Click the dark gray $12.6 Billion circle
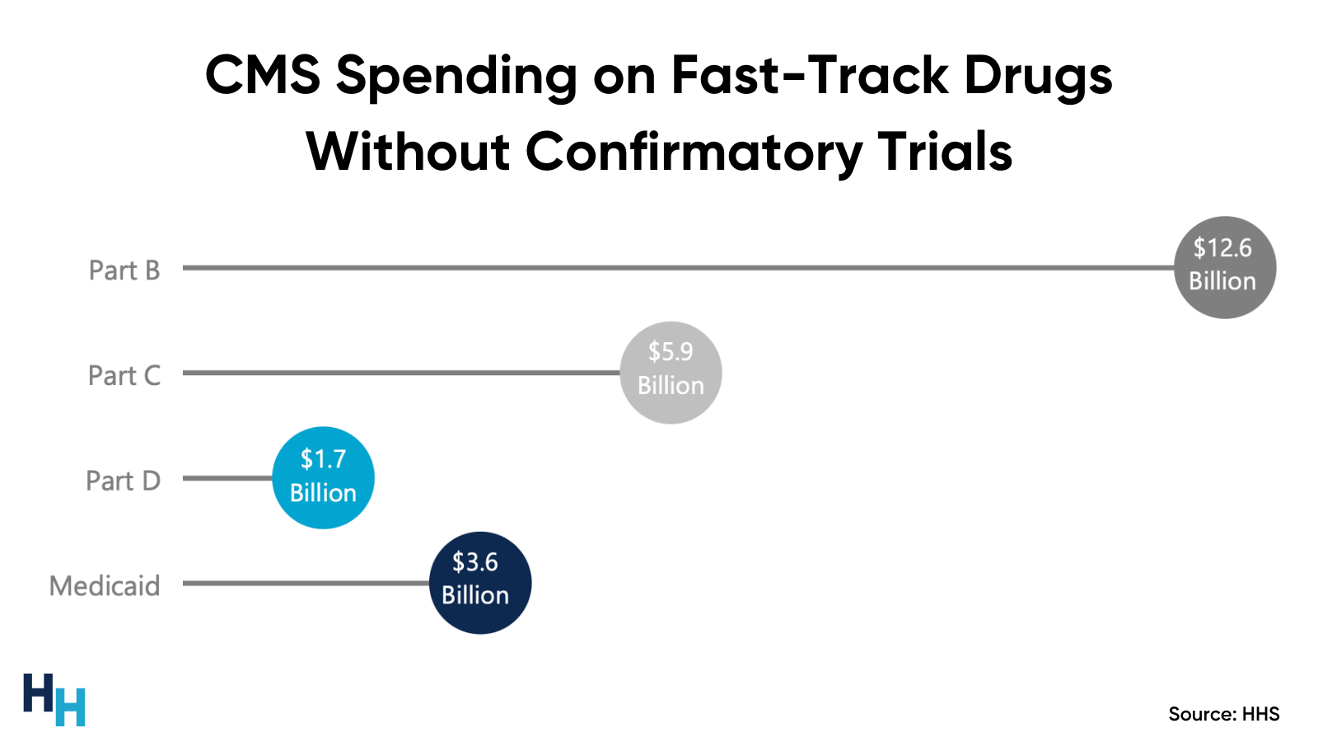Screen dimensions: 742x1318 click(1225, 267)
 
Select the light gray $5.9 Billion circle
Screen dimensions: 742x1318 click(671, 373)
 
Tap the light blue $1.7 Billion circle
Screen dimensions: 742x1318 click(323, 477)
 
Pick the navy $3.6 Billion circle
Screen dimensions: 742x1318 click(480, 583)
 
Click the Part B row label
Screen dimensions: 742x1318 click(124, 270)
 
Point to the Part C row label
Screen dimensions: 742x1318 click(124, 376)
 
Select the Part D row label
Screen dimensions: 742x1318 click(124, 481)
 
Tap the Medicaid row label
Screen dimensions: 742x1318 click(105, 586)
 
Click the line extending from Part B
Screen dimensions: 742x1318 click(675, 268)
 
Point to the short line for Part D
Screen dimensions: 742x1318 click(227, 478)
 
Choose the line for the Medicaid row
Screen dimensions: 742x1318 click(306, 584)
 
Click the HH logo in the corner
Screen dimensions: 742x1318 click(54, 699)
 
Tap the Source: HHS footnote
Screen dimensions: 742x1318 click(1223, 714)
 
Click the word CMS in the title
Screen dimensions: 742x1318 click(262, 75)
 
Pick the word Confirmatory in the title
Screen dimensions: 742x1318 click(694, 153)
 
